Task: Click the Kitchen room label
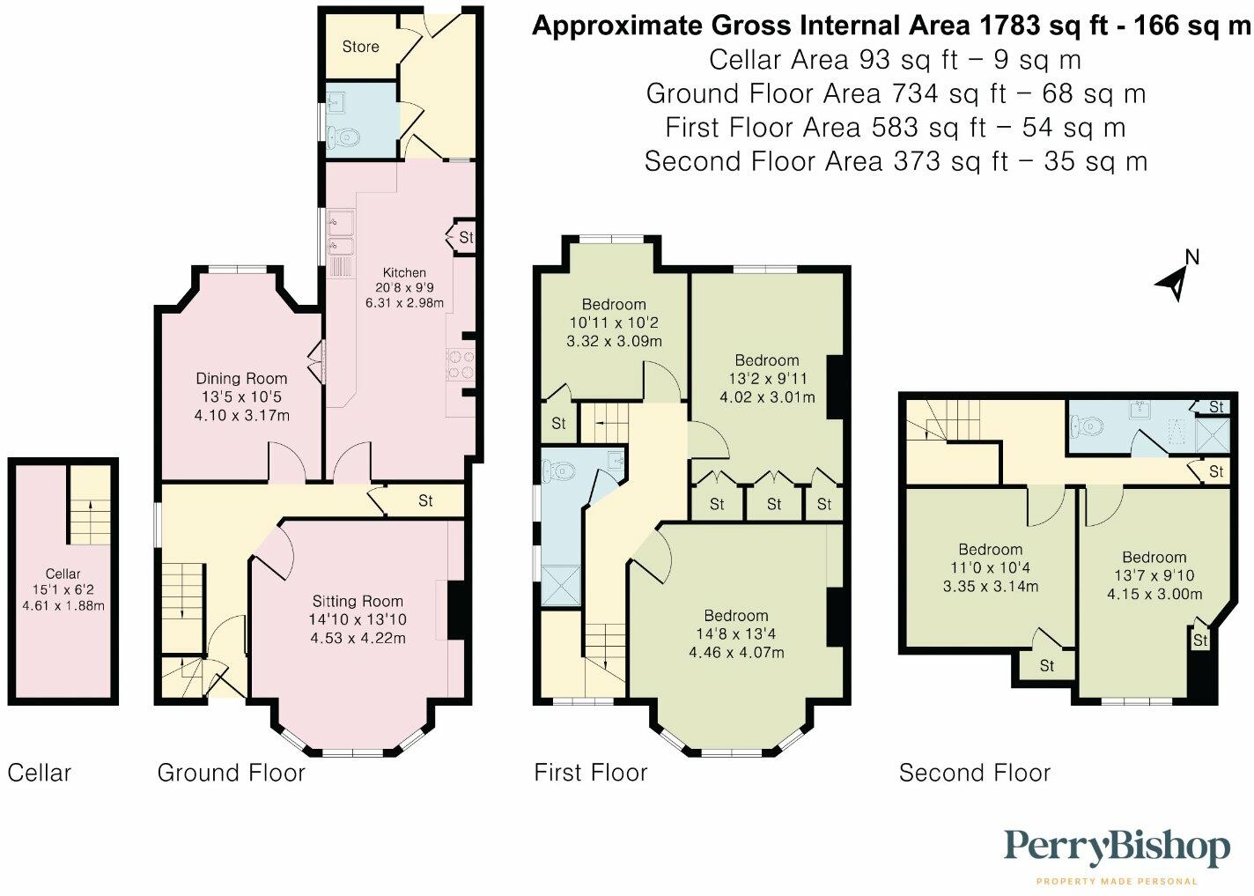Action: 404,273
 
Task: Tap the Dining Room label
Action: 241,379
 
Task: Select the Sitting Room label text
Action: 358,602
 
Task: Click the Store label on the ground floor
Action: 360,47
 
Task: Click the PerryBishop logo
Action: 1117,848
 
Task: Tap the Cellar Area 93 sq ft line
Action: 895,60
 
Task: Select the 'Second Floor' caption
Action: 974,773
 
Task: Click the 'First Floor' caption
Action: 590,773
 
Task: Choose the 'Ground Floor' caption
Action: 231,773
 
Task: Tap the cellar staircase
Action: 91,520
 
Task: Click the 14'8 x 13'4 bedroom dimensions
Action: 735,634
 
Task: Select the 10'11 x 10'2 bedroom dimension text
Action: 614,322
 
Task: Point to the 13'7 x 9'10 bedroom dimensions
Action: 1154,575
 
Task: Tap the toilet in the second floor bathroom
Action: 1087,427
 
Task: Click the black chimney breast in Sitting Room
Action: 457,610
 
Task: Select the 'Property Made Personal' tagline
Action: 1117,881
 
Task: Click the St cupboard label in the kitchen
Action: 466,237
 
